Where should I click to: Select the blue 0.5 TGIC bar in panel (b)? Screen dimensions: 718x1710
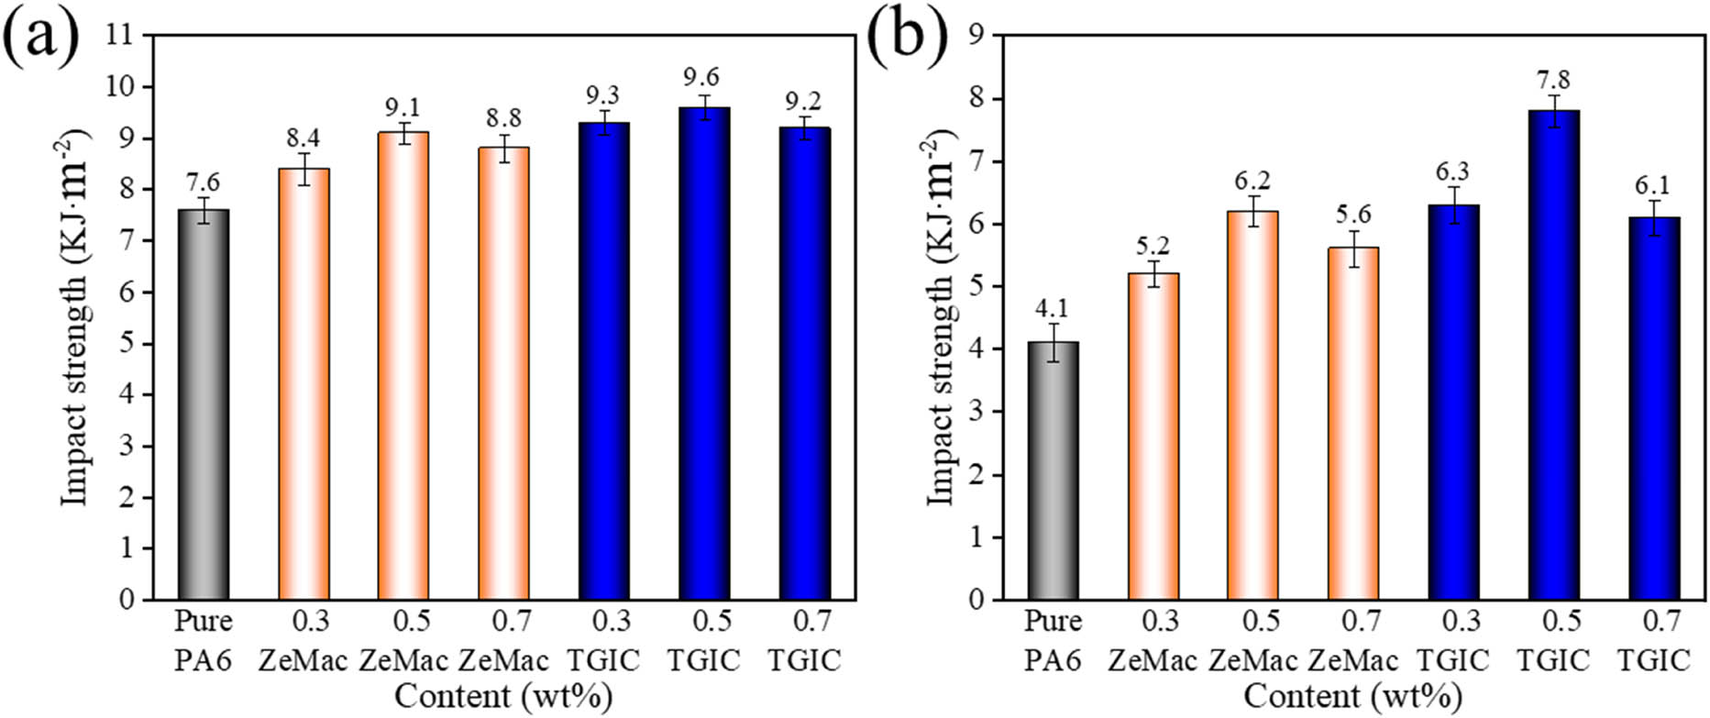click(x=1554, y=358)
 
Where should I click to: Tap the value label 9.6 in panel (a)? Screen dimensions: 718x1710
click(x=704, y=77)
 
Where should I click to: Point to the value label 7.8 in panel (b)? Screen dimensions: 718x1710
click(x=1554, y=80)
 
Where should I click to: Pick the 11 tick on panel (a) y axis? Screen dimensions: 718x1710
click(x=119, y=36)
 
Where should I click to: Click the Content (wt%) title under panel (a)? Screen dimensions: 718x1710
click(x=503, y=697)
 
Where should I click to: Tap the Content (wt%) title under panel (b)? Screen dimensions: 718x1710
click(x=1352, y=697)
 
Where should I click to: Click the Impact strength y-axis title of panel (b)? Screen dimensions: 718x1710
click(x=941, y=316)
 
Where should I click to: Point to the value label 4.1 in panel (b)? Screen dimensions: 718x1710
click(x=1052, y=308)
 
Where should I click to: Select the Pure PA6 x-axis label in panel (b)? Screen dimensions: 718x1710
click(x=1053, y=640)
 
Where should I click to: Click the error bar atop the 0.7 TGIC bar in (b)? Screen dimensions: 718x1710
click(x=1654, y=218)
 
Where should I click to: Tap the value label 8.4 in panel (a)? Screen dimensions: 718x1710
click(x=303, y=139)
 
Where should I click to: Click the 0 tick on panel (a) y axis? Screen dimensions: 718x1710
click(x=127, y=600)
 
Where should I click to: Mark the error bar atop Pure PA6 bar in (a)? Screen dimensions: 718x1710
click(x=204, y=210)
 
